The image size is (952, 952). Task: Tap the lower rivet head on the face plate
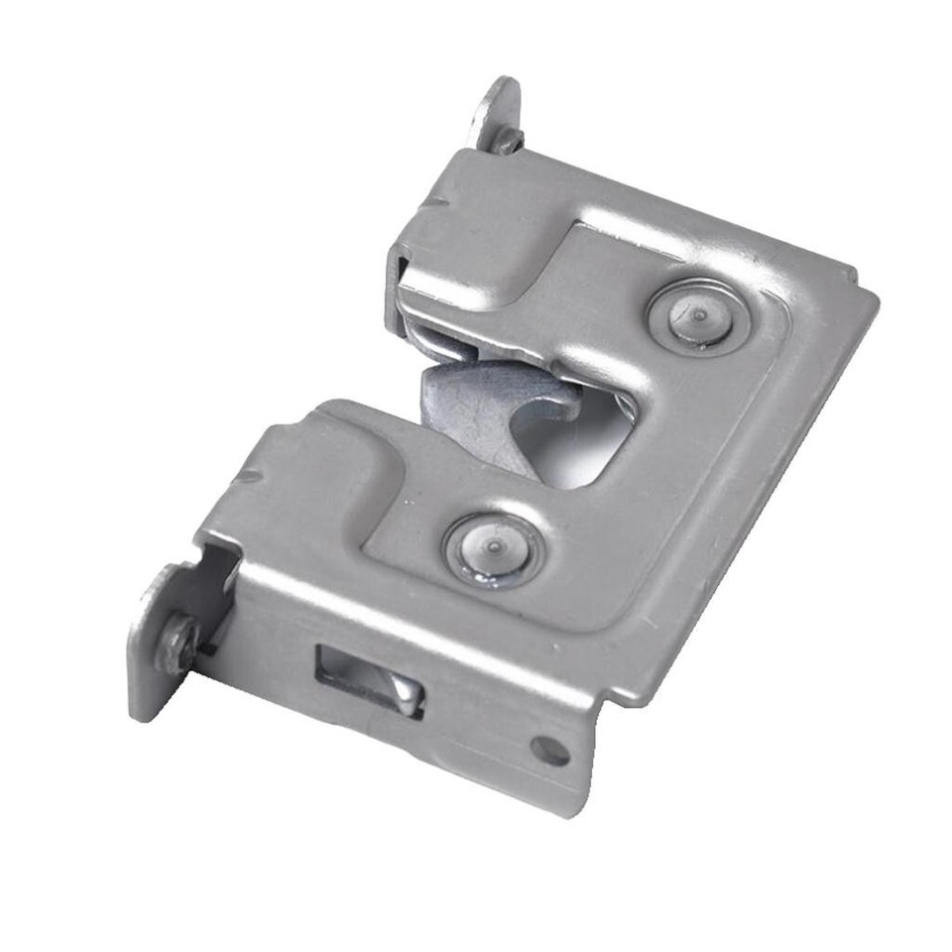[493, 548]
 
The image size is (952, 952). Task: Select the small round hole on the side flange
[548, 751]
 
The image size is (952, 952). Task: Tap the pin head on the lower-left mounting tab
[179, 640]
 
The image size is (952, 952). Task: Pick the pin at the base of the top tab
[507, 140]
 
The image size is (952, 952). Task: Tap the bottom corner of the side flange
[570, 808]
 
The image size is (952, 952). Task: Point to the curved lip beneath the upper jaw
[446, 342]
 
